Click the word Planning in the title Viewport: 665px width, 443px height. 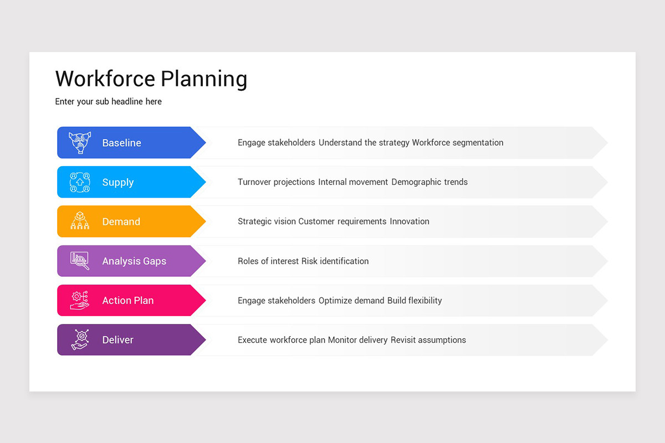click(x=204, y=80)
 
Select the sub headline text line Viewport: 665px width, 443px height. click(x=109, y=102)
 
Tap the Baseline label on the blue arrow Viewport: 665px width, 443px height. click(x=121, y=143)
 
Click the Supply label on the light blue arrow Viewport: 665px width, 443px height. click(x=117, y=182)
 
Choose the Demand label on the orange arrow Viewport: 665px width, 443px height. click(x=121, y=221)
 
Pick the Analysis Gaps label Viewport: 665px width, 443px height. click(x=134, y=261)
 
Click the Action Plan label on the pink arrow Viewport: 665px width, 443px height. click(x=127, y=301)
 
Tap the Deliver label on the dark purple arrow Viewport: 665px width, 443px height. click(x=117, y=340)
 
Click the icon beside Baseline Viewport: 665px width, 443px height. click(x=80, y=143)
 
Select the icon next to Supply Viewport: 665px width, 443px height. click(x=80, y=182)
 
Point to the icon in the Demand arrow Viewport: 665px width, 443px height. click(x=80, y=221)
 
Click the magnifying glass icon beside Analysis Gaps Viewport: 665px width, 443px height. click(x=80, y=261)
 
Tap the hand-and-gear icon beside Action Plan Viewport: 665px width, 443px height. click(x=80, y=301)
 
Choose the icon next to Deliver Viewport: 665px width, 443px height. click(x=80, y=340)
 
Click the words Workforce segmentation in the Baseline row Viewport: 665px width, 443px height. click(x=458, y=143)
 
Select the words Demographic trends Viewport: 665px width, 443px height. click(x=429, y=182)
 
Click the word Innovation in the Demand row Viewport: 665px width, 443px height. click(x=410, y=221)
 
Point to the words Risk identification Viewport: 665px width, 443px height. click(x=335, y=261)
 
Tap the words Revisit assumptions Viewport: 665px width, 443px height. click(x=428, y=340)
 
